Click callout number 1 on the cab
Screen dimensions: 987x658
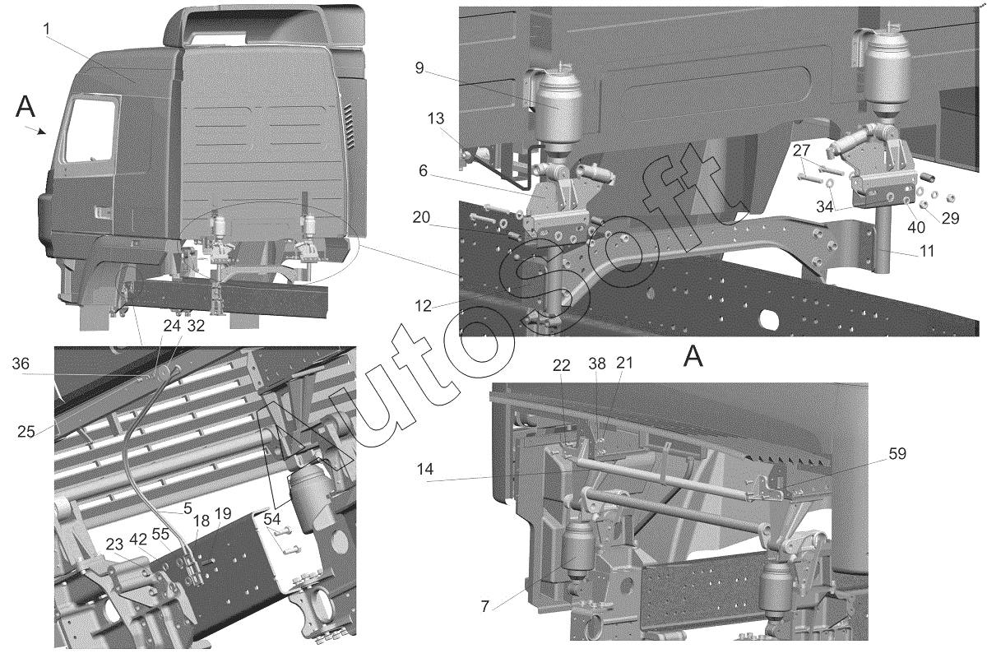click(x=46, y=30)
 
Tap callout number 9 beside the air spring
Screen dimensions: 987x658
click(x=419, y=68)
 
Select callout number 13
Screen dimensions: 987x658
click(x=435, y=118)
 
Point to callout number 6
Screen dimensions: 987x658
click(x=423, y=170)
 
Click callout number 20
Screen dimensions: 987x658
click(x=421, y=217)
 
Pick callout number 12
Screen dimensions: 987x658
click(x=423, y=306)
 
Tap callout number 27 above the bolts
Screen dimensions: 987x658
click(x=801, y=151)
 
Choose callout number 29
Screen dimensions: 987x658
click(x=950, y=218)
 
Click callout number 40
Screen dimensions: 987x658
click(x=916, y=227)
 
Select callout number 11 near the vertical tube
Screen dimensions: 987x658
click(x=927, y=251)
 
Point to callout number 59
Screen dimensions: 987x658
click(x=897, y=454)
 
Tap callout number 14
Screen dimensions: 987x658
click(x=425, y=470)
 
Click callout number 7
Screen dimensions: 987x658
click(x=484, y=607)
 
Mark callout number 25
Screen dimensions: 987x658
click(x=26, y=432)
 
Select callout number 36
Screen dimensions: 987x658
click(x=21, y=364)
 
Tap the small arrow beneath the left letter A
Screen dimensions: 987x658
click(x=35, y=130)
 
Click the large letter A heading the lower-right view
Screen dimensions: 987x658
click(x=693, y=356)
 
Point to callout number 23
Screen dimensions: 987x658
click(x=114, y=544)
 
